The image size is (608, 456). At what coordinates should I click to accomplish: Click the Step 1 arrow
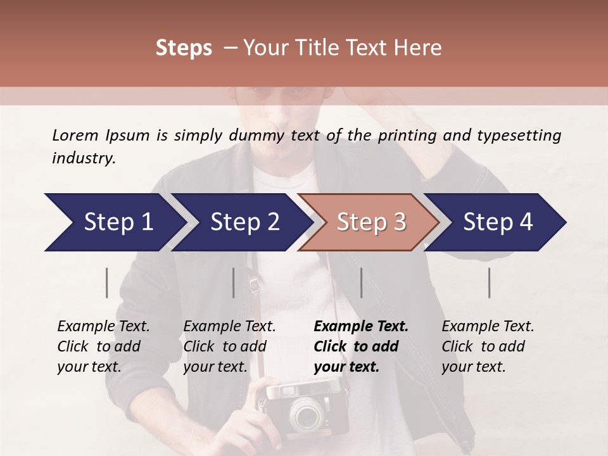click(x=114, y=222)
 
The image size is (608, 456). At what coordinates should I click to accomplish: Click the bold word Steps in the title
click(x=184, y=48)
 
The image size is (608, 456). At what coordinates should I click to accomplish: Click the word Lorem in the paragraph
click(x=75, y=135)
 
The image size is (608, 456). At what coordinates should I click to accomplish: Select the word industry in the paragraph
click(x=84, y=158)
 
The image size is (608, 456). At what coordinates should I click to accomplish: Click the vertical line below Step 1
click(x=107, y=282)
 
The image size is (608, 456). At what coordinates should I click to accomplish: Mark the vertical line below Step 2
click(x=234, y=282)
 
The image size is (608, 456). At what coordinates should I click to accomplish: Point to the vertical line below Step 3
click(x=362, y=282)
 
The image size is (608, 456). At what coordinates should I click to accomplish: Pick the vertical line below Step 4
click(x=490, y=282)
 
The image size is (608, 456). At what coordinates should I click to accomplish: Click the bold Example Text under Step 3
click(x=361, y=327)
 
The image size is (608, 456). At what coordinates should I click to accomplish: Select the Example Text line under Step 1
click(x=103, y=327)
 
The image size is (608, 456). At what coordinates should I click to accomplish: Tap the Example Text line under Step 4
click(x=488, y=327)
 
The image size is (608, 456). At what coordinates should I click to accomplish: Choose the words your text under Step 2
click(x=215, y=367)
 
